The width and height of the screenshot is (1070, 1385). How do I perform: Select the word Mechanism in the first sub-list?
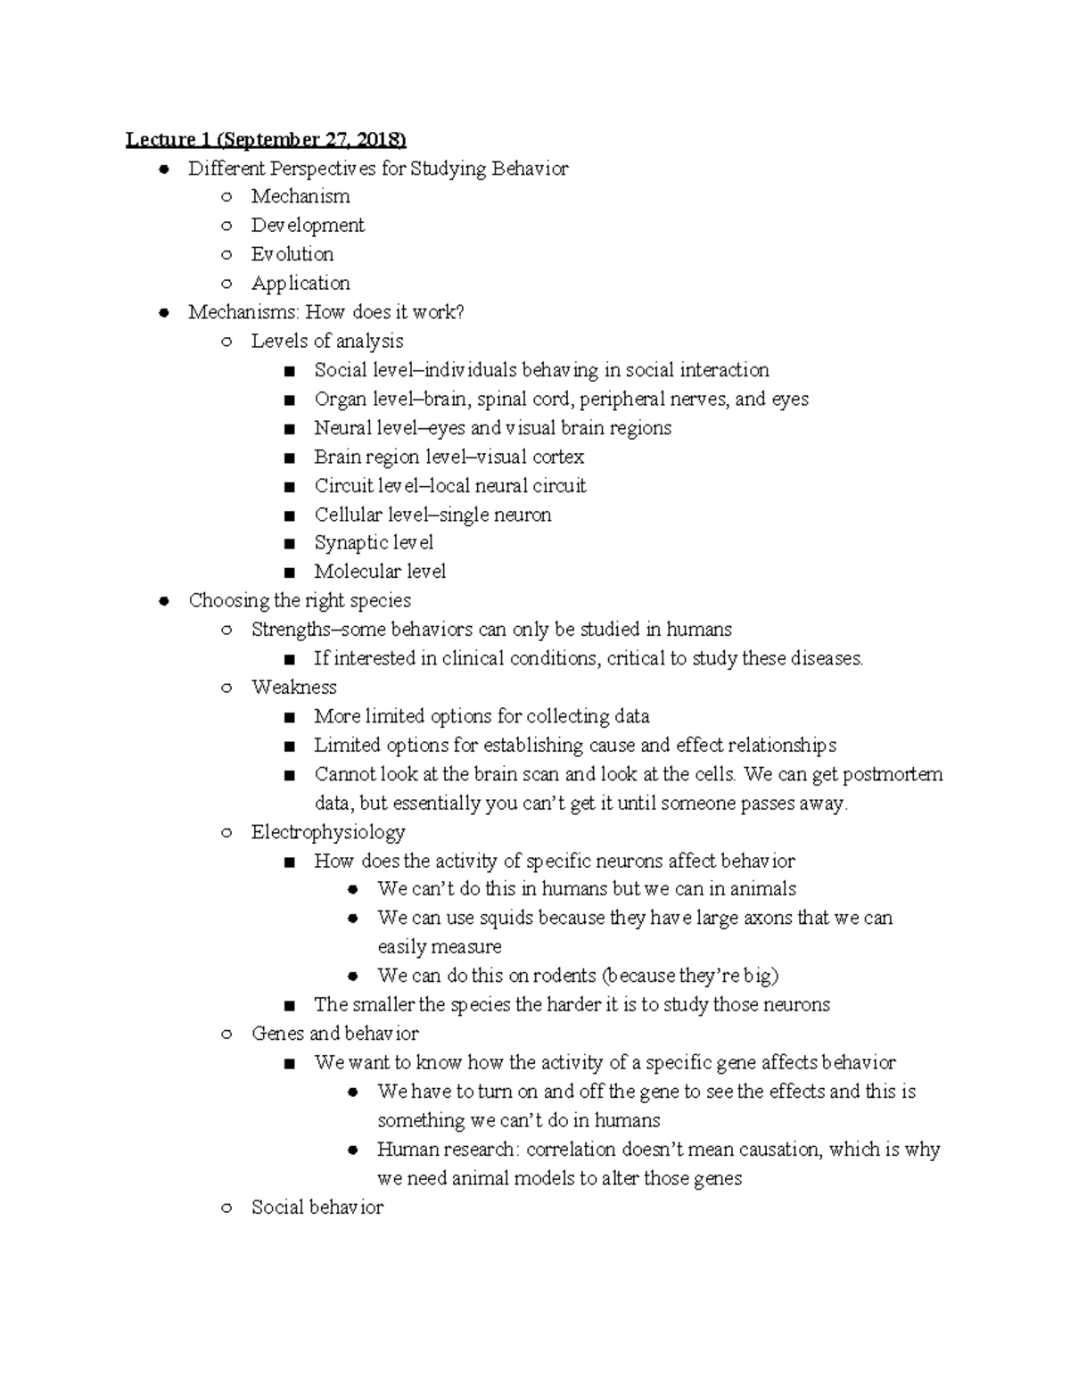click(300, 196)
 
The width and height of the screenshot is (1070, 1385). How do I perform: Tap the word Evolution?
click(292, 254)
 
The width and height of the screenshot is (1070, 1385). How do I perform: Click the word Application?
click(300, 284)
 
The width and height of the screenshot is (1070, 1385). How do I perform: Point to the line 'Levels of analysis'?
click(327, 341)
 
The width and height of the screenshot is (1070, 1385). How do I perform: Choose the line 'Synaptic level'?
click(374, 543)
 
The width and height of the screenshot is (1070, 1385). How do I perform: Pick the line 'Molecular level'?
click(380, 572)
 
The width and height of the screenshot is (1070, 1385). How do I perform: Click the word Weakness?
click(294, 688)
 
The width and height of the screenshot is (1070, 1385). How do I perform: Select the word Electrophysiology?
click(328, 832)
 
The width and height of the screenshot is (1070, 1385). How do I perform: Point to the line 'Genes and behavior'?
click(335, 1034)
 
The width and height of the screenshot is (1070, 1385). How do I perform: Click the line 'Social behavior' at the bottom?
click(317, 1208)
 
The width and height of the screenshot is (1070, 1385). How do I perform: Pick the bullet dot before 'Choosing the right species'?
click(163, 601)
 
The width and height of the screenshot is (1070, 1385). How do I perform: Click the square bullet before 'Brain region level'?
click(289, 458)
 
